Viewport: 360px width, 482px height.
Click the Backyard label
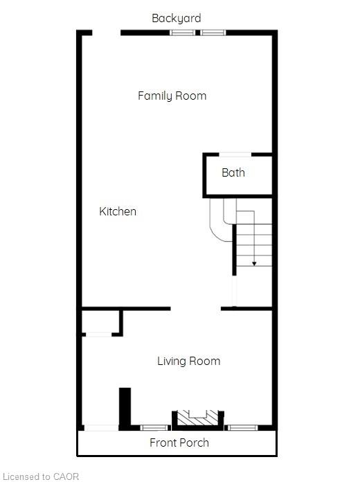[177, 18]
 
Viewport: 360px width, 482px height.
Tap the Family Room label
[172, 96]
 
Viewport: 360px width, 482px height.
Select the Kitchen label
[118, 211]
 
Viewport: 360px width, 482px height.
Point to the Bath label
[233, 172]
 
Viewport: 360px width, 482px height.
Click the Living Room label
[189, 361]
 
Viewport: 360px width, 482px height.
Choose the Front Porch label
[179, 443]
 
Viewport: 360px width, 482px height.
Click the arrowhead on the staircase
[254, 263]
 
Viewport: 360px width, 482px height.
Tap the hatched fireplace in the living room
[198, 418]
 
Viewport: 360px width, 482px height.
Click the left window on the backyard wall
[182, 33]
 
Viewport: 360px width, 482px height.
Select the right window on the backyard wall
[213, 33]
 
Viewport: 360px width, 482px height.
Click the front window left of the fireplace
[154, 427]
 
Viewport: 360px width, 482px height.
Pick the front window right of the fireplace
[242, 427]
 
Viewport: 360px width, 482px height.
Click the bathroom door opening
[235, 154]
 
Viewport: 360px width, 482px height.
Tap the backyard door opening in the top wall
[107, 33]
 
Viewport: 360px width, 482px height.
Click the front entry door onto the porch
[102, 427]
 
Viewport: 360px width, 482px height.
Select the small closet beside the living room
[100, 321]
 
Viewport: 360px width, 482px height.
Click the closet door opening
[99, 334]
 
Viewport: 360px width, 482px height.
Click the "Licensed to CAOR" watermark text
[41, 476]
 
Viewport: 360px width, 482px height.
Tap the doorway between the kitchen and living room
[196, 308]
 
